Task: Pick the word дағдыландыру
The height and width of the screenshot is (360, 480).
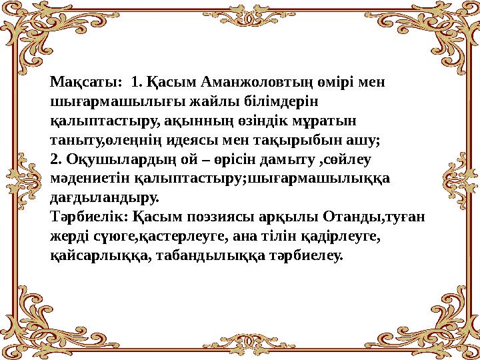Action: (x=105, y=198)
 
